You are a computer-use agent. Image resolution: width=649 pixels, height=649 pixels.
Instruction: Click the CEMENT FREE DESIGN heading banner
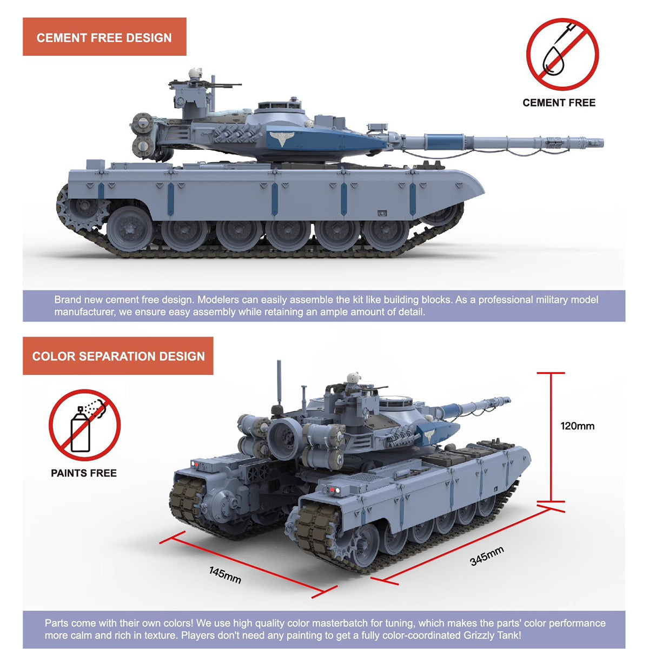[104, 37]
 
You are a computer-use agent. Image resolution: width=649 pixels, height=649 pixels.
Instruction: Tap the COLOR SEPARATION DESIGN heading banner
[118, 356]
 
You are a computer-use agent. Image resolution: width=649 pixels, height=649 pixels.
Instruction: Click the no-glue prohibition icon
[562, 54]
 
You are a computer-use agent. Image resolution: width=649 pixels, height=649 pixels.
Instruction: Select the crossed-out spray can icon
[84, 425]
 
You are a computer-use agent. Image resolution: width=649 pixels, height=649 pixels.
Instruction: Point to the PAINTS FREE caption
[84, 473]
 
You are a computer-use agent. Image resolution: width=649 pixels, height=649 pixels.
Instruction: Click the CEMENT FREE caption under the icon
[559, 103]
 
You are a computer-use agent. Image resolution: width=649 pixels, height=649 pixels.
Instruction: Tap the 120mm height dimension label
[577, 426]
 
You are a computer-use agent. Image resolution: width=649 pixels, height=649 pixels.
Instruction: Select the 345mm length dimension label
[487, 556]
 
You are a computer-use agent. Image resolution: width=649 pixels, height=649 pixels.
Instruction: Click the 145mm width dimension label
[225, 575]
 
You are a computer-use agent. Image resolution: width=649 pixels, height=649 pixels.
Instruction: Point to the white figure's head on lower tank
[353, 377]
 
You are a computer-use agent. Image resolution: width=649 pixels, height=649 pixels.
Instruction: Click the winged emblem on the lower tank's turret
[429, 435]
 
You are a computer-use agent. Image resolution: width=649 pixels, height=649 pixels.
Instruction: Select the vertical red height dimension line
[551, 437]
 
